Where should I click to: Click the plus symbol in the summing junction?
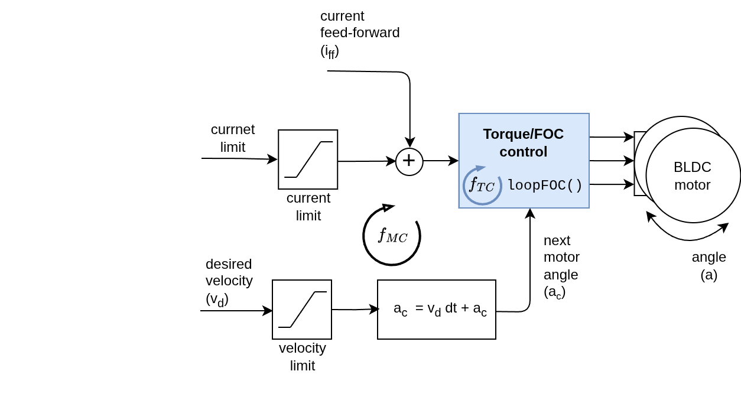pyautogui.click(x=409, y=161)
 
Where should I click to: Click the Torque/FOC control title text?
pyautogui.click(x=523, y=142)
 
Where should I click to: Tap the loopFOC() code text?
pyautogui.click(x=545, y=186)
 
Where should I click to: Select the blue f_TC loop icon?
pyautogui.click(x=482, y=186)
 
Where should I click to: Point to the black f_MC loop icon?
pyautogui.click(x=391, y=235)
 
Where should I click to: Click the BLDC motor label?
pyautogui.click(x=692, y=175)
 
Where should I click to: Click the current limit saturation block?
pyautogui.click(x=308, y=160)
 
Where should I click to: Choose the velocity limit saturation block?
pyautogui.click(x=302, y=310)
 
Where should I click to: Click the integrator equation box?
pyautogui.click(x=436, y=310)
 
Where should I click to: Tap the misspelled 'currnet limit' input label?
pyautogui.click(x=233, y=138)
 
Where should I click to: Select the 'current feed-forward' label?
pyautogui.click(x=359, y=33)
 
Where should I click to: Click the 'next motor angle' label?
pyautogui.click(x=561, y=266)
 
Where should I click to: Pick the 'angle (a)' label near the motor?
pyautogui.click(x=708, y=265)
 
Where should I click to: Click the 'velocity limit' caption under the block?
pyautogui.click(x=302, y=356)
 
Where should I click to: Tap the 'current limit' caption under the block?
pyautogui.click(x=308, y=206)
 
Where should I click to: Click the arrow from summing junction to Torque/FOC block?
pyautogui.click(x=441, y=161)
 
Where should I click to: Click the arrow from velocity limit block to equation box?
pyautogui.click(x=355, y=309)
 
